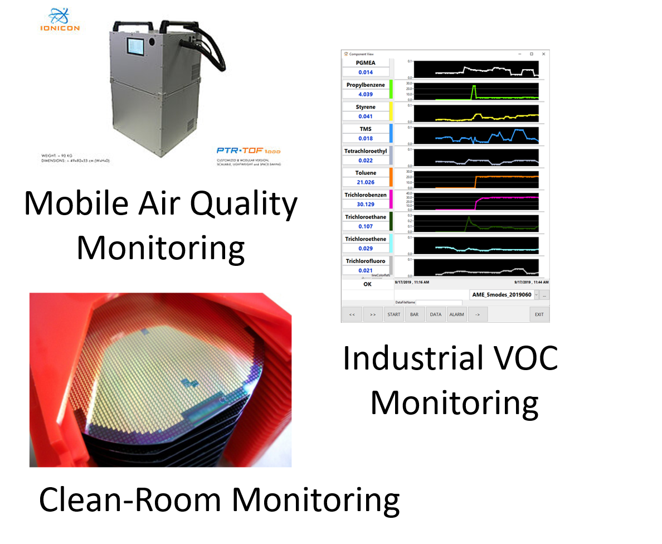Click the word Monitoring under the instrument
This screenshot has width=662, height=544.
[160, 248]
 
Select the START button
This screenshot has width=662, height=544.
[394, 314]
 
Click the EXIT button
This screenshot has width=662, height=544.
[539, 314]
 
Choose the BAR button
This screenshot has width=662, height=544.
[415, 314]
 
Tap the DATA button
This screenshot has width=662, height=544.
[436, 314]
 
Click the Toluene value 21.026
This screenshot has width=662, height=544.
[366, 182]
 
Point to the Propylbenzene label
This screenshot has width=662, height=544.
[366, 85]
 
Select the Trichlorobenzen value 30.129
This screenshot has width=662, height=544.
[366, 205]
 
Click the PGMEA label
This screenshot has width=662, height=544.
[366, 63]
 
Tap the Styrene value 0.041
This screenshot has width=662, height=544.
[366, 116]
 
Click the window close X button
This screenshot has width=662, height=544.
[544, 54]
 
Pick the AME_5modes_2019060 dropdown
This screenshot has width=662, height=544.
[502, 294]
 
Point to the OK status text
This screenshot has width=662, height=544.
[367, 284]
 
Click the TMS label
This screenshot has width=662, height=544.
[366, 129]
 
